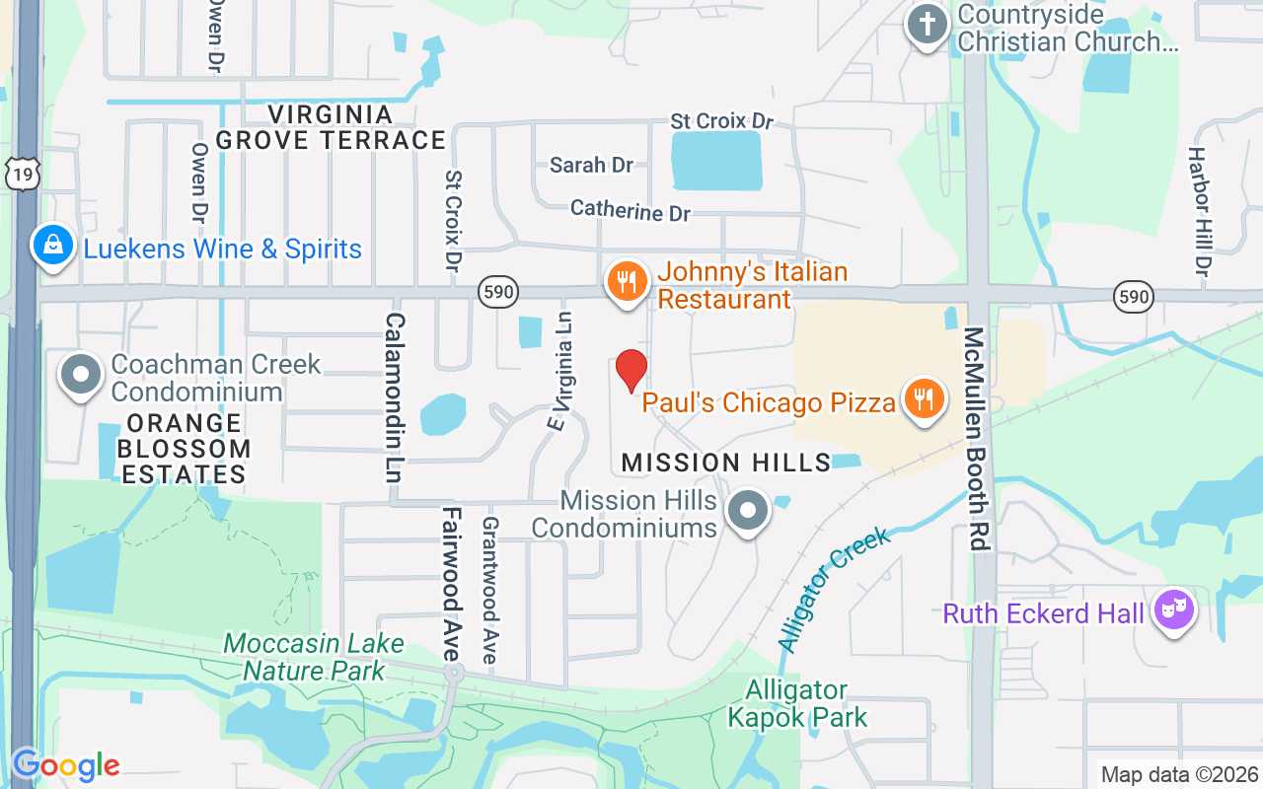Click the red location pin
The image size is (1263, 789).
tap(631, 370)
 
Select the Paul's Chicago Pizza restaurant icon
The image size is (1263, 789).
tap(923, 399)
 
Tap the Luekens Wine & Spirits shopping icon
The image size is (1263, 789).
tap(51, 246)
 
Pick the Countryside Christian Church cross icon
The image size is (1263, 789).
tap(928, 27)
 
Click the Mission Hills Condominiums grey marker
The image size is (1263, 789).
tap(748, 512)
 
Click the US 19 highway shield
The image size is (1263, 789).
tap(21, 173)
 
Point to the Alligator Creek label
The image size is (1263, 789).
tap(834, 589)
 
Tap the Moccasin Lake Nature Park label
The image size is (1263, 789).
tap(313, 658)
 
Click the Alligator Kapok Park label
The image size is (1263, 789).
tap(797, 703)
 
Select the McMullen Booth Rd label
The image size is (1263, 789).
tap(977, 439)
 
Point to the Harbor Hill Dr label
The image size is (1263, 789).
tap(1199, 211)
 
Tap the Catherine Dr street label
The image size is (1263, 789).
tap(631, 210)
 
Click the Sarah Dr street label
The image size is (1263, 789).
tap(591, 165)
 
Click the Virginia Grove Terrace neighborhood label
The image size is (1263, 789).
tap(331, 127)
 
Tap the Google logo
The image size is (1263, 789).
tap(66, 764)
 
